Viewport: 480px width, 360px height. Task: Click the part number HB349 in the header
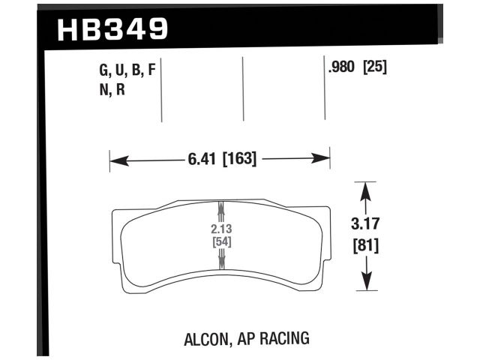point(112,31)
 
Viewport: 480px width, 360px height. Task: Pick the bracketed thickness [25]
point(374,68)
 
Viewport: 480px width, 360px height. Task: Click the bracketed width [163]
point(240,159)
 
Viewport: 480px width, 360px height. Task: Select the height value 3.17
point(365,223)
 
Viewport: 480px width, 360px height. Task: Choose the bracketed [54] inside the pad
point(220,241)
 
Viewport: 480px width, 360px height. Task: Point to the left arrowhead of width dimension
point(115,159)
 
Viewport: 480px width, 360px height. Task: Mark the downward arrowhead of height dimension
point(365,284)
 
